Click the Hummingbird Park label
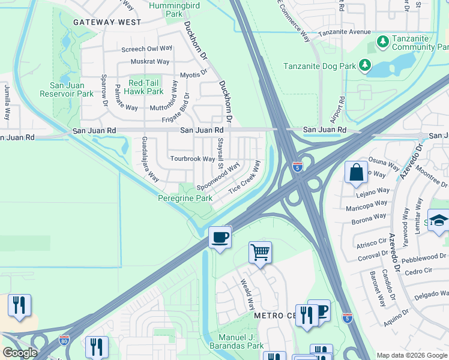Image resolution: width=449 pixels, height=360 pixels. pos(165,8)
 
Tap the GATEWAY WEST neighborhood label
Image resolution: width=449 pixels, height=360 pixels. pos(107,22)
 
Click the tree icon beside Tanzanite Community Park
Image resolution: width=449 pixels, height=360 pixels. pos(382,41)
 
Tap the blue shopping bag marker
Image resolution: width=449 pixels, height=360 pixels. pos(356,172)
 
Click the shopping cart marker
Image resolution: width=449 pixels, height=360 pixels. pos(261,252)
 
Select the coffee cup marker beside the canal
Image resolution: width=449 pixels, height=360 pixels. pos(220,237)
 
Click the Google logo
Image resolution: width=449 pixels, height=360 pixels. pos(20,353)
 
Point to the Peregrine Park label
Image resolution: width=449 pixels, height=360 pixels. pos(185,198)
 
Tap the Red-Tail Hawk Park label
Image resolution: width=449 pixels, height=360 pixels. pos(146,87)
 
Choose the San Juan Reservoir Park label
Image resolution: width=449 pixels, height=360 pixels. pos(67,89)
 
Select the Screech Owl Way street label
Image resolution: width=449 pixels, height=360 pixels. pos(146,49)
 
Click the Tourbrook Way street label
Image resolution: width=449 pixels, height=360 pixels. pos(192,159)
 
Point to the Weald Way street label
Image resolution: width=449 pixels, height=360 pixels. pos(247,292)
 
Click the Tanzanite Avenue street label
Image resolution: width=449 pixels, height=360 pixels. pos(345,32)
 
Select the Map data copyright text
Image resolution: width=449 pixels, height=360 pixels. pos(411,355)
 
